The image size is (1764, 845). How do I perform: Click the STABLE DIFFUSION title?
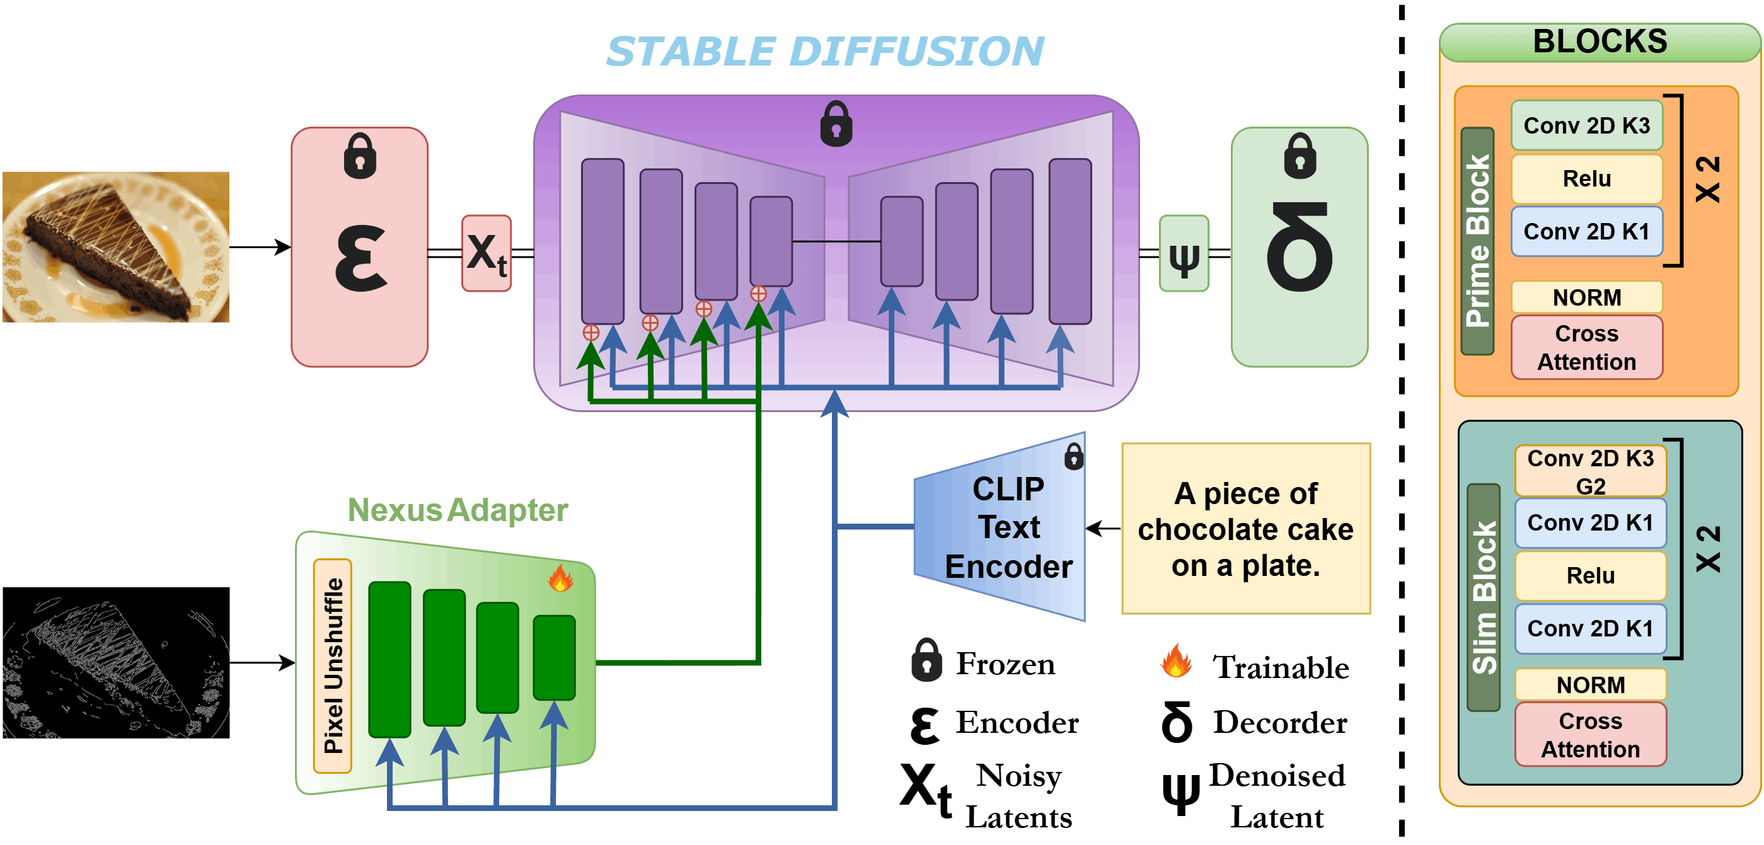tap(824, 52)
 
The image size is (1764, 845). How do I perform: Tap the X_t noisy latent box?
tap(486, 253)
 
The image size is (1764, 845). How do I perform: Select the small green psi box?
tap(1184, 253)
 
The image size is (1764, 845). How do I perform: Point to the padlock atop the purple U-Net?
tap(836, 124)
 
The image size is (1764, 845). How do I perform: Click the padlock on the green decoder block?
tap(1299, 156)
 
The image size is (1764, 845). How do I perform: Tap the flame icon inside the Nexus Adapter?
tap(560, 578)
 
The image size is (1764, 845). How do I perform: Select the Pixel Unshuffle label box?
tap(333, 665)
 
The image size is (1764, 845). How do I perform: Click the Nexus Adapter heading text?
tap(458, 510)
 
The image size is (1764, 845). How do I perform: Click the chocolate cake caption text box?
tap(1245, 529)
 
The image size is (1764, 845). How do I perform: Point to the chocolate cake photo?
tap(116, 246)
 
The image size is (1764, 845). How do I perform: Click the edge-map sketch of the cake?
tap(116, 664)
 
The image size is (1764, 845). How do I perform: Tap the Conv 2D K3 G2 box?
tap(1590, 471)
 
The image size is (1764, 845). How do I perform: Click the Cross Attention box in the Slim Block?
tap(1590, 735)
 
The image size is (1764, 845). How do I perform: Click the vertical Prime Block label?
tap(1477, 241)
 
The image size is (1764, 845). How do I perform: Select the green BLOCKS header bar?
tap(1600, 42)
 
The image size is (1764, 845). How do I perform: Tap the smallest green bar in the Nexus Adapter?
tap(554, 657)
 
